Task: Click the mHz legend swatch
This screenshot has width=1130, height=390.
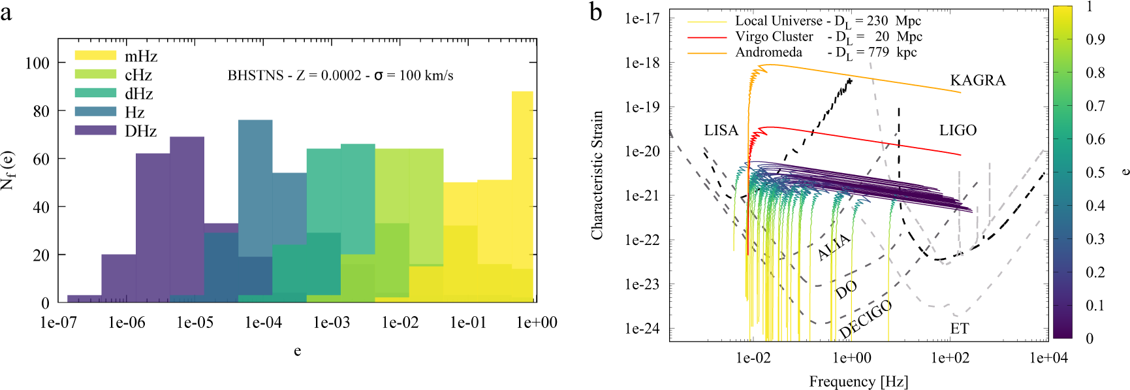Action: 95,56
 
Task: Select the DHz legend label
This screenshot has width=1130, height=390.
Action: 141,131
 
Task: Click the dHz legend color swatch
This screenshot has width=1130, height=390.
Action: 95,93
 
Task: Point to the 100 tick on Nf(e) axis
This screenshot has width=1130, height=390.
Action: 37,63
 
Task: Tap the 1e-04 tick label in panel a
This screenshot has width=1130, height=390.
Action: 263,323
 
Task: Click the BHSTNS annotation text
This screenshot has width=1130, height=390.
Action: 340,76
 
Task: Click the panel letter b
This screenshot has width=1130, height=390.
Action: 595,12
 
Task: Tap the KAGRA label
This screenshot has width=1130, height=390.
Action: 977,80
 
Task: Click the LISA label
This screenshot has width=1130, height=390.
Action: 721,131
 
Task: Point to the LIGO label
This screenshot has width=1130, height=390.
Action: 958,131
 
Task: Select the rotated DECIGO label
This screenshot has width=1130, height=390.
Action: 865,319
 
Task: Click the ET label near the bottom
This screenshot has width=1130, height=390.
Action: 959,329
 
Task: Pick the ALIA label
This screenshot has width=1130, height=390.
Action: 834,247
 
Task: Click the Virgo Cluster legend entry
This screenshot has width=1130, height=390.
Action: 774,37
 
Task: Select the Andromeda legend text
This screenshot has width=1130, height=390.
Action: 768,52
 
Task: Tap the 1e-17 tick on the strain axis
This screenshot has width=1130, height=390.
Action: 642,18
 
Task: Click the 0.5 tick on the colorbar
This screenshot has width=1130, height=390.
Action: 1095,172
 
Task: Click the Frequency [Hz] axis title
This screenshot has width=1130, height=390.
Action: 858,382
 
